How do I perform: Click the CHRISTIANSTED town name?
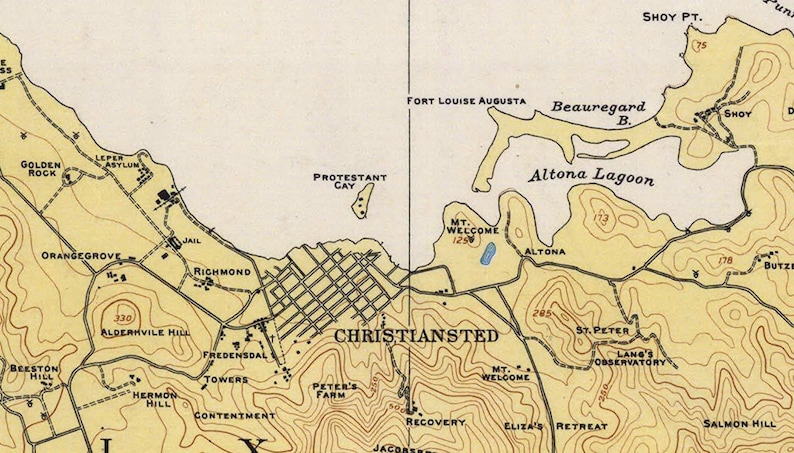pos(415,336)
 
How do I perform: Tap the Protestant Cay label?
pos(350,182)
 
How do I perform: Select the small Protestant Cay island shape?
pos(362,201)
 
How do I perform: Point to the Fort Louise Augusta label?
pos(465,102)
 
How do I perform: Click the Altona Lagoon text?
pos(591,178)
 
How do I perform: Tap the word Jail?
pos(195,242)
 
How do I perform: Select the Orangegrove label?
pos(80,256)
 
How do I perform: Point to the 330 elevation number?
pos(124,318)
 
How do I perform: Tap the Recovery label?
pos(435,422)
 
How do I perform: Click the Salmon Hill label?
pos(739,423)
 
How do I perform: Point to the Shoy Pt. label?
pos(672,17)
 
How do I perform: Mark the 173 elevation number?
pos(600,217)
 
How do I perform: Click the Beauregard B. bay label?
pos(598,112)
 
